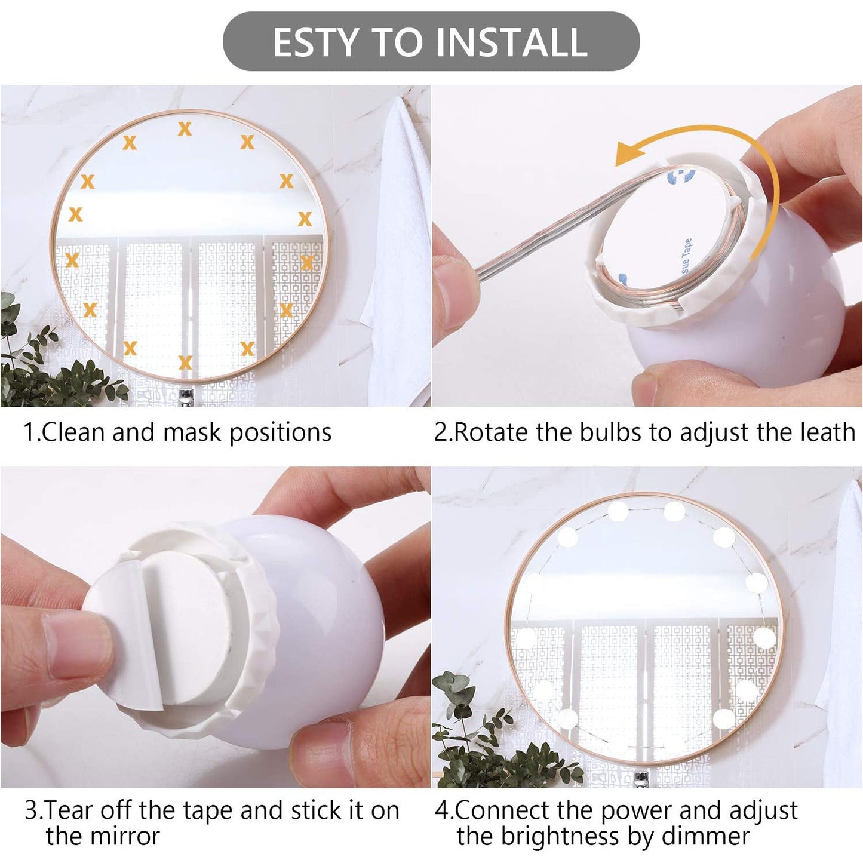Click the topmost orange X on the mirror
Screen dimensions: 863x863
coord(185,129)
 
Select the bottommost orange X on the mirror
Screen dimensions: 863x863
coord(185,363)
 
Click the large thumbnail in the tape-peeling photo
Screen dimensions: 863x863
coord(75,646)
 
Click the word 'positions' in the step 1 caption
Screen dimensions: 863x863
coord(281,433)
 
